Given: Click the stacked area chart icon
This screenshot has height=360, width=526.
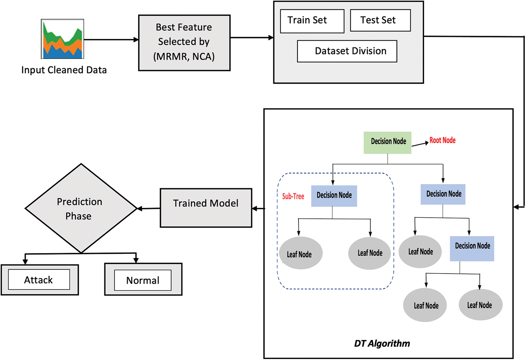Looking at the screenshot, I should click(x=62, y=39).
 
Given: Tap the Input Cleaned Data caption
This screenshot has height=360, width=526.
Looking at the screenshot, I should click(x=64, y=70).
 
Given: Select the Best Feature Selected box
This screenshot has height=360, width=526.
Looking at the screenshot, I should click(x=184, y=43).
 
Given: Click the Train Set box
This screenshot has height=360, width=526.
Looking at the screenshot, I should click(x=312, y=21).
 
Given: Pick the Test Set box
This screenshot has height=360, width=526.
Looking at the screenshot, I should click(x=380, y=20).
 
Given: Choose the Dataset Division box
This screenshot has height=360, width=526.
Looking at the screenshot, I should click(x=347, y=51).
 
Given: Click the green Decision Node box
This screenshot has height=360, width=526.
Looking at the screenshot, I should click(x=387, y=143).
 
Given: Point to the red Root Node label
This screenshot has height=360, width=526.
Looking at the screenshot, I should click(x=442, y=140).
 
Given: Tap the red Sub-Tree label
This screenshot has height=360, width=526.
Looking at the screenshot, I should click(x=293, y=196).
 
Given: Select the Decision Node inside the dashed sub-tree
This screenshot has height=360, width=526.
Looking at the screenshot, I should click(x=334, y=196).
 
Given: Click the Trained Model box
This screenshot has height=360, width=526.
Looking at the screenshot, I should click(x=206, y=208).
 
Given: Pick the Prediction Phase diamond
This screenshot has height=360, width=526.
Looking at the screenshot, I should click(x=81, y=209).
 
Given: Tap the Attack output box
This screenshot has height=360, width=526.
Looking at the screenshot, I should click(x=39, y=280).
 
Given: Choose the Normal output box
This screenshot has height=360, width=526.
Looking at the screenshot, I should click(x=143, y=280).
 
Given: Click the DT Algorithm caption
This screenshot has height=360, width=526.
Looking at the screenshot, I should click(x=382, y=343).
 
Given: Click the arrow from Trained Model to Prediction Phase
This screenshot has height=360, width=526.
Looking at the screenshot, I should click(x=148, y=209).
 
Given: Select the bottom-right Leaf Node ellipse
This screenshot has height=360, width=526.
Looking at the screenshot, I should click(x=480, y=305).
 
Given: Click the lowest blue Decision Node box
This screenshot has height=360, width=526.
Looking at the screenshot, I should click(x=472, y=249).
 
